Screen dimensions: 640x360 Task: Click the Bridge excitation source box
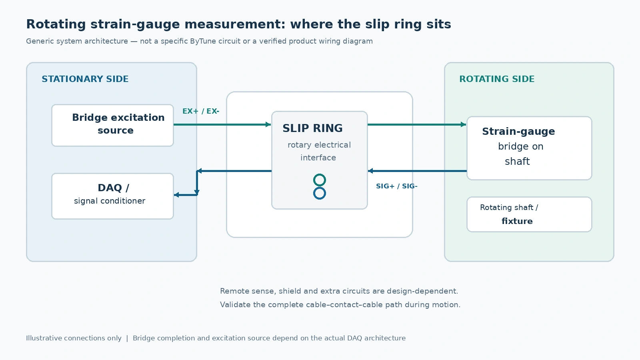[112, 126]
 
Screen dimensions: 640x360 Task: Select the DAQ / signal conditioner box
[112, 196]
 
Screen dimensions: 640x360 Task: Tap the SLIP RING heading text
[312, 128]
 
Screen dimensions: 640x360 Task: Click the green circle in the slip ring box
[320, 180]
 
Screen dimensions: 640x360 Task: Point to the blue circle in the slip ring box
[320, 193]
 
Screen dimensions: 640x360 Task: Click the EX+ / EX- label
[200, 111]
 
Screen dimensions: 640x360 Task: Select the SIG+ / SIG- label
[396, 186]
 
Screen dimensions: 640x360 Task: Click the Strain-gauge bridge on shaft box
[529, 148]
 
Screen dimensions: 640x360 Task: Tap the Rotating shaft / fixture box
[529, 214]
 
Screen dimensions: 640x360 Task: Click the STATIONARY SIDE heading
[85, 79]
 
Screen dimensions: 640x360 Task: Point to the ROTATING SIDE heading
[497, 79]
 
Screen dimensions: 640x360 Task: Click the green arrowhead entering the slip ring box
[268, 124]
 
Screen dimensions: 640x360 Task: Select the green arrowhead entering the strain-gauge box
[464, 124]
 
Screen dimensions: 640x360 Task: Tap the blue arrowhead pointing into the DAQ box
[176, 195]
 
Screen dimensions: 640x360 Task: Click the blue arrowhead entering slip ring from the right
[370, 171]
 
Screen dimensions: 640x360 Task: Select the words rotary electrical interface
[319, 151]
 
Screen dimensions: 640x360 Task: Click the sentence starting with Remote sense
[339, 291]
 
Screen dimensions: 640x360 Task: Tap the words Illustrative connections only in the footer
[74, 338]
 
